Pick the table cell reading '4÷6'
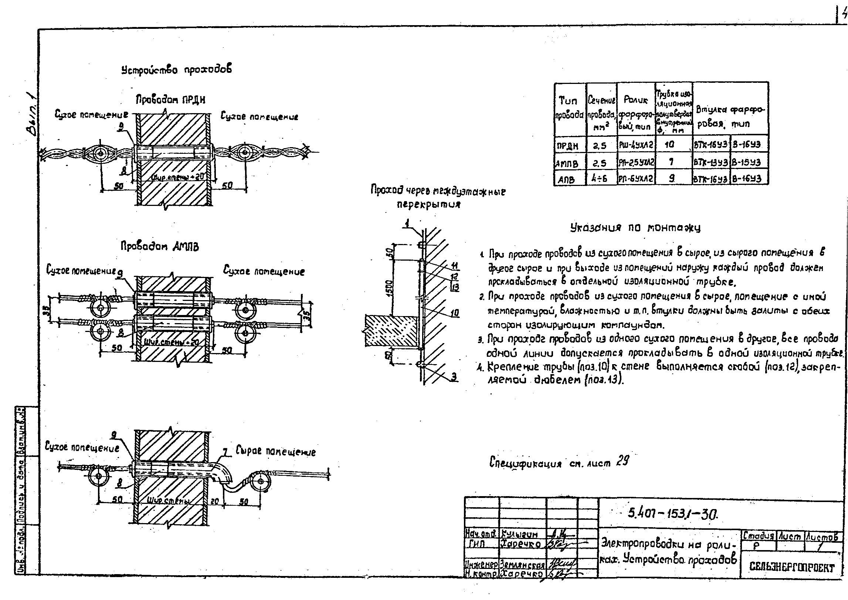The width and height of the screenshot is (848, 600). pyautogui.click(x=601, y=179)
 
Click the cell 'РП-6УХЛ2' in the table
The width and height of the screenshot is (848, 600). pyautogui.click(x=636, y=179)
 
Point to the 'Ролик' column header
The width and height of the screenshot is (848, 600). pyautogui.click(x=636, y=100)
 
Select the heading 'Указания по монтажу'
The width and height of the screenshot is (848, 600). pyautogui.click(x=635, y=228)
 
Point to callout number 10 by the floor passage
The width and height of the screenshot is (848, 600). pyautogui.click(x=454, y=313)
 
